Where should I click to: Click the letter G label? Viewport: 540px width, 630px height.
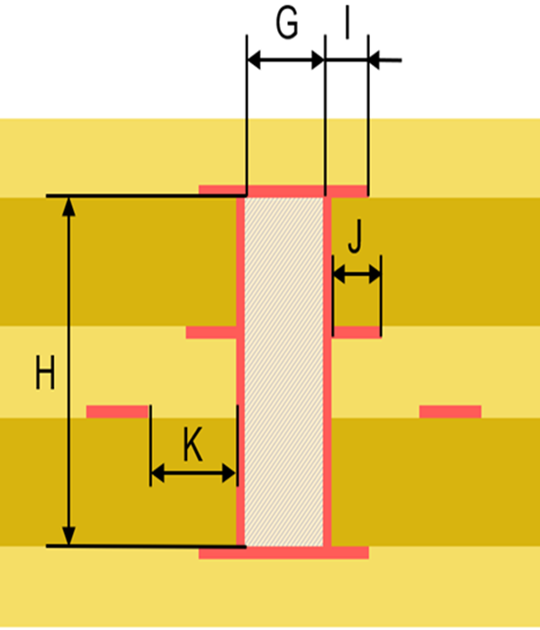click(286, 24)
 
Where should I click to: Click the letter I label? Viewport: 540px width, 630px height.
click(346, 24)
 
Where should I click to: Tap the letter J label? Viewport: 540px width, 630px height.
click(355, 238)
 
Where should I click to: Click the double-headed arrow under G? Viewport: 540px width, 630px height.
click(285, 60)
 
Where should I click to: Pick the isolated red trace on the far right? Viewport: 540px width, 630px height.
click(450, 411)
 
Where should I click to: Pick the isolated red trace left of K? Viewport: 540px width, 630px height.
click(117, 411)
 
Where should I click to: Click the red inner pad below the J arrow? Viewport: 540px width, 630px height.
click(356, 332)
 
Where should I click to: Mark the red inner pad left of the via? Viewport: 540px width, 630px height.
click(211, 332)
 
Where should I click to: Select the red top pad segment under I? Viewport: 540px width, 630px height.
click(347, 191)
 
